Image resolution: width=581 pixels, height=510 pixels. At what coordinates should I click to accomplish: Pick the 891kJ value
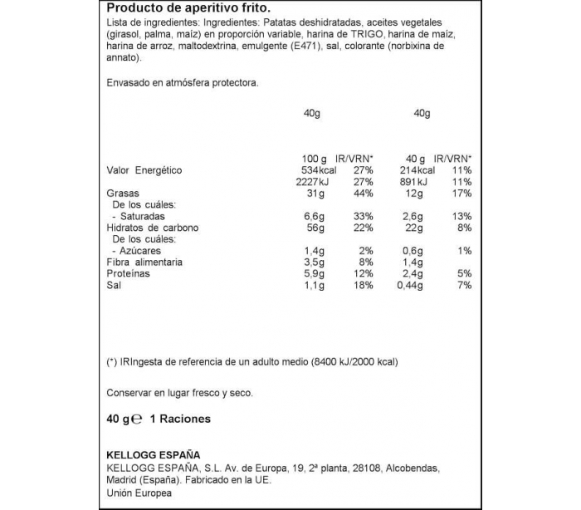pyautogui.click(x=412, y=182)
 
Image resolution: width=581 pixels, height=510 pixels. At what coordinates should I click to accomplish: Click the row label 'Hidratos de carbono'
pyautogui.click(x=153, y=228)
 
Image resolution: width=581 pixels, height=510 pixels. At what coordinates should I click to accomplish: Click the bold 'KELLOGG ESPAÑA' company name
pyautogui.click(x=154, y=454)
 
